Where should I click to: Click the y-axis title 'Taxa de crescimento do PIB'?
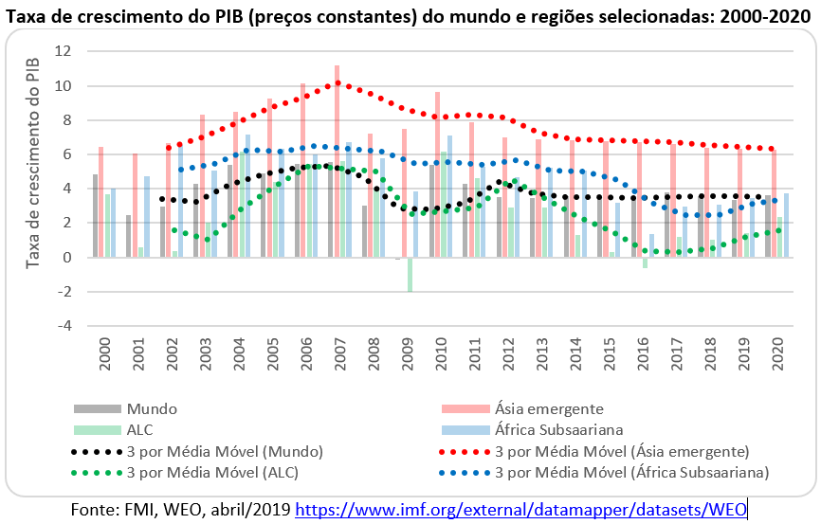pos(33,162)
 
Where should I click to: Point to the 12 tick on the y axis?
pos(65,51)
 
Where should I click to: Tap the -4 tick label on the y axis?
pos(65,326)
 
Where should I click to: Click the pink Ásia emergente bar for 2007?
pos(337,161)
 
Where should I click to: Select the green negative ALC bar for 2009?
pos(410,274)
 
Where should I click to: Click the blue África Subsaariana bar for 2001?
pos(147,216)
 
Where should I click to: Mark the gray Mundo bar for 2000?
pos(95,215)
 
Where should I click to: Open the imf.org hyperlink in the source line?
pos(521,510)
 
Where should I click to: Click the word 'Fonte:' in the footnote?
pos(94,510)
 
